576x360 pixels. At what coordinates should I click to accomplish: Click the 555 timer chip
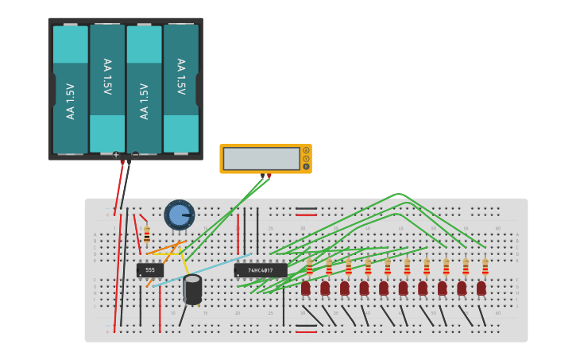click(149, 270)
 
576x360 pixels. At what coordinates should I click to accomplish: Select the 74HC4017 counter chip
click(261, 270)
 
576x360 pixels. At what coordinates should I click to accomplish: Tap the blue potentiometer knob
click(180, 215)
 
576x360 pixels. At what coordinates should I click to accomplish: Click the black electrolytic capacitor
click(192, 289)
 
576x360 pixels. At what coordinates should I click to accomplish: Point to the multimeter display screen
click(261, 159)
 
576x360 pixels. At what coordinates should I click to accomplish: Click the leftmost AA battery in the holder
click(71, 89)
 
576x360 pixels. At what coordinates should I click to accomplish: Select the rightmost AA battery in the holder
click(181, 89)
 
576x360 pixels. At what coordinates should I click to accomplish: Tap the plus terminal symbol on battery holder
click(116, 155)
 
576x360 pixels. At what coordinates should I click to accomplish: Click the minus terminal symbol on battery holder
click(135, 155)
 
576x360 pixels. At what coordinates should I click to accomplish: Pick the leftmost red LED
click(306, 288)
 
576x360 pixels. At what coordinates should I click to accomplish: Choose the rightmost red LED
click(481, 288)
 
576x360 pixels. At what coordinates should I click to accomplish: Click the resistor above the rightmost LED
click(485, 266)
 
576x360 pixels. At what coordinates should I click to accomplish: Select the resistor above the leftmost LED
click(309, 266)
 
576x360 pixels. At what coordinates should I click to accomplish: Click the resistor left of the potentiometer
click(147, 234)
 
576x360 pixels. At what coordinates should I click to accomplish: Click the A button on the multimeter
click(306, 150)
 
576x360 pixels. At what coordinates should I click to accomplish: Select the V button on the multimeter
click(306, 158)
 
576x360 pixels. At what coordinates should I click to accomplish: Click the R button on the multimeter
click(306, 167)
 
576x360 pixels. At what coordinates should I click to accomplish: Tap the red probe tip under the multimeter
click(269, 176)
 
